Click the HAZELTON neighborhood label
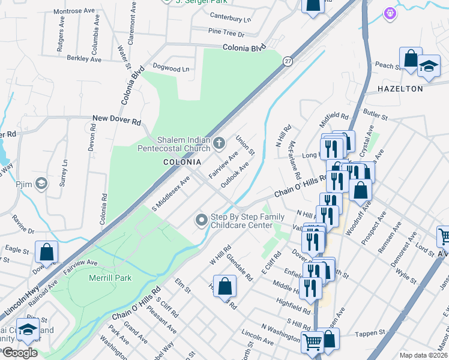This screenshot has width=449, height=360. pos(400,89)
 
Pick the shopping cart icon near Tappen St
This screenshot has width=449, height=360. pos(313,343)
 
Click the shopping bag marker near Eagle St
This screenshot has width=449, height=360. pos(46,253)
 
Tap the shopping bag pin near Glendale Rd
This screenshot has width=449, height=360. pos(225,286)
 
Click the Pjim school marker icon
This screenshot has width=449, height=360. pos(41,184)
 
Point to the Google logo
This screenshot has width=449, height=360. pos(20,353)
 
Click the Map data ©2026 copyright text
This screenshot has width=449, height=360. pos(423,355)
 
